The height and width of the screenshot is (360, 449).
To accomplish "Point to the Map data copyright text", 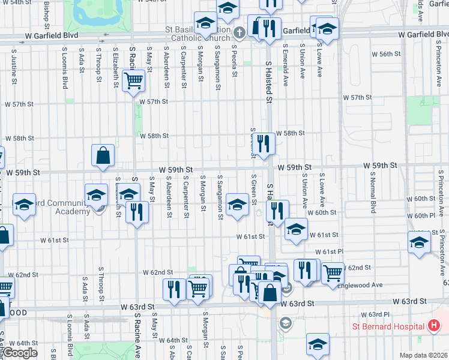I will point(424,355).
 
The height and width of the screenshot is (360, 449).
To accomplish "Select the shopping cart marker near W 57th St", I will point(133,80).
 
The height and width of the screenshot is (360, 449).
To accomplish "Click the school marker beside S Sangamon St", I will point(238,205).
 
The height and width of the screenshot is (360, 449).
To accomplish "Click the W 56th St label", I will point(385,54).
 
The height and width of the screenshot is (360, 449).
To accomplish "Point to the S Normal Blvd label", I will point(373,193).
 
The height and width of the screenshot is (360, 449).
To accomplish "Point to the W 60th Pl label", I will point(420,215).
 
